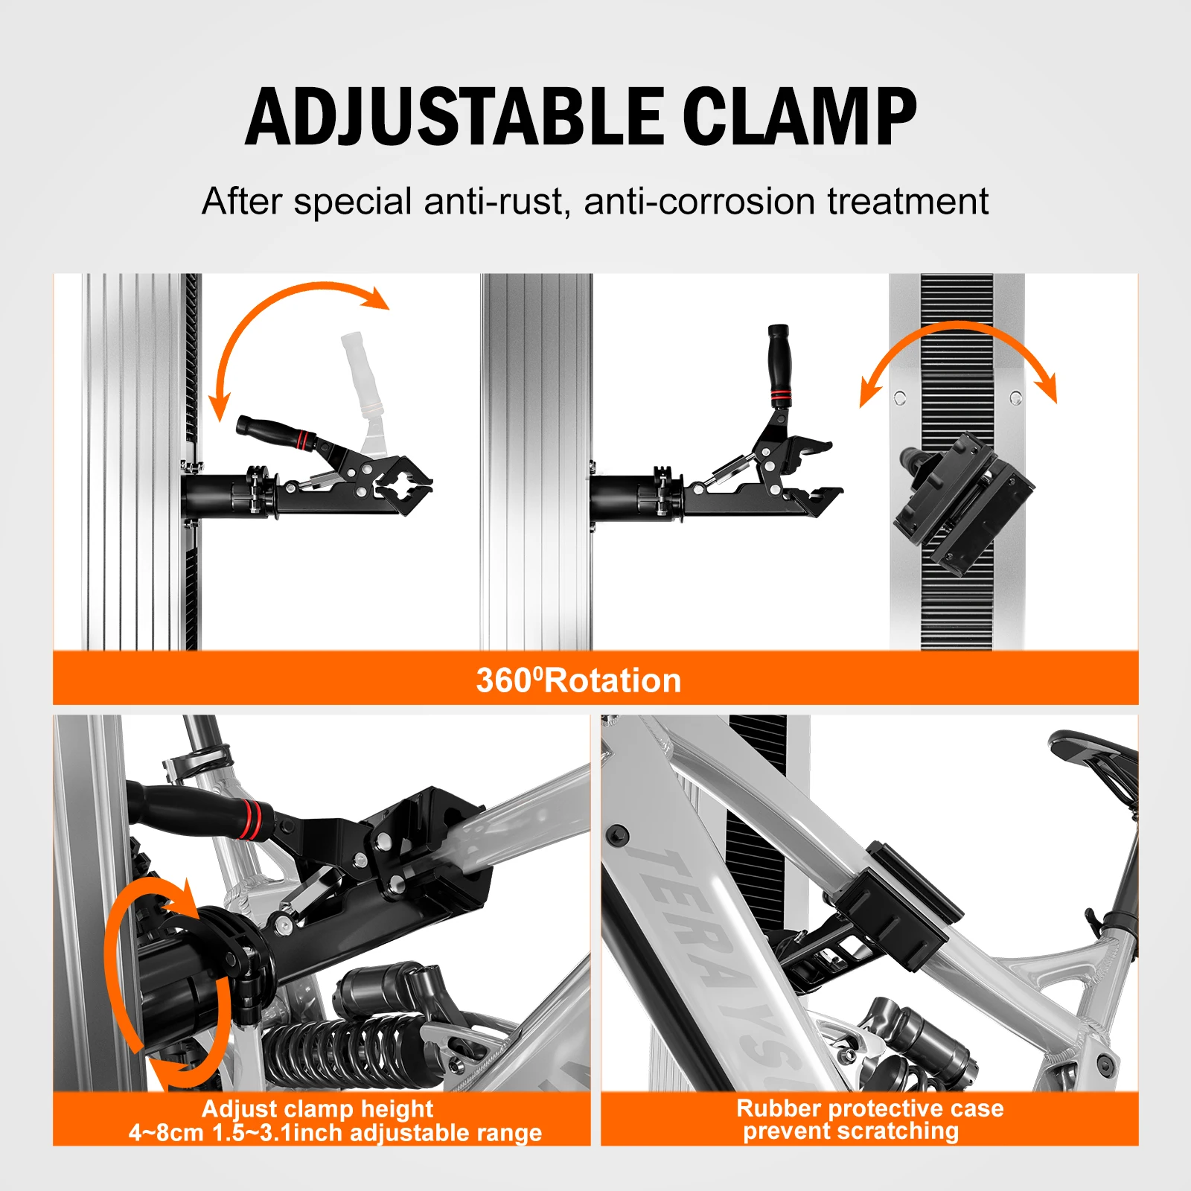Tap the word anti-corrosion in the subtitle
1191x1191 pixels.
[699, 202]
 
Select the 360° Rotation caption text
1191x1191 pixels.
[578, 680]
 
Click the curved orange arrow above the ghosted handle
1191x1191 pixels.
[298, 305]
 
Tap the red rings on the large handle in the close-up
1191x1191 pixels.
[251, 819]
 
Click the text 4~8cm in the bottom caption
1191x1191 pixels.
[165, 1133]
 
